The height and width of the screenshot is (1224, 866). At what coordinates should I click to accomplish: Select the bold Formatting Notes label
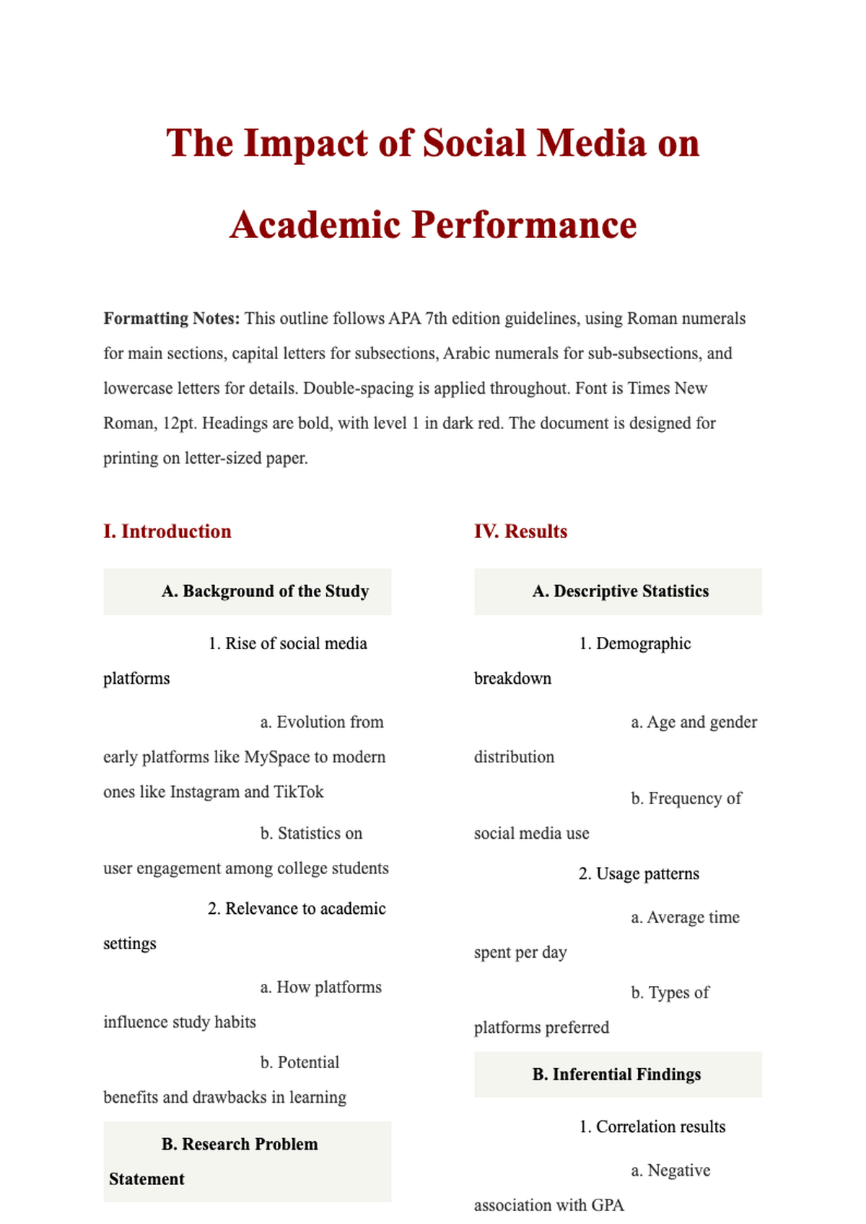(x=171, y=319)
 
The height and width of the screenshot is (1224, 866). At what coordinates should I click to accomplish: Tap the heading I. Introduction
(x=167, y=532)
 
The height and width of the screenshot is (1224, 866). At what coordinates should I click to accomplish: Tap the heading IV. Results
(x=520, y=532)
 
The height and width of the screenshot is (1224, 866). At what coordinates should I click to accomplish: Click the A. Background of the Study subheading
(x=265, y=591)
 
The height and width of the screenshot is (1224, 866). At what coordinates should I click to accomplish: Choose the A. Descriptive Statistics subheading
(x=620, y=591)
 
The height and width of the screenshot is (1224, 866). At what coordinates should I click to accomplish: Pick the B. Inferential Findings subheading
(x=616, y=1075)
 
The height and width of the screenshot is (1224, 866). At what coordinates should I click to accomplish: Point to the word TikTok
(x=299, y=792)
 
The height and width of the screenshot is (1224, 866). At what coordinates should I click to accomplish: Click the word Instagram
(x=204, y=792)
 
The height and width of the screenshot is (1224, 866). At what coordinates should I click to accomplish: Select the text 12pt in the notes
(x=180, y=423)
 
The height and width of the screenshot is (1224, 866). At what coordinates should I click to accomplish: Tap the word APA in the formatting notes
(x=405, y=319)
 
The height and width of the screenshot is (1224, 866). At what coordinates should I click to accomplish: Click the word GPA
(x=608, y=1205)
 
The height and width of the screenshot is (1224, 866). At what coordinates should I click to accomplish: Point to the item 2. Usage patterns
(x=639, y=874)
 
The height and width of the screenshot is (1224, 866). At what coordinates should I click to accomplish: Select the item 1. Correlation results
(x=652, y=1127)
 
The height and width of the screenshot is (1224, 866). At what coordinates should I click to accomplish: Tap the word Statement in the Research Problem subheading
(x=147, y=1179)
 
